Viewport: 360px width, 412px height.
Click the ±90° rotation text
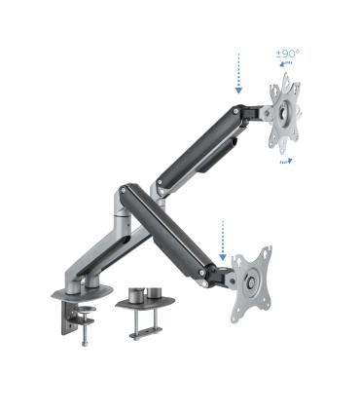coord(289,55)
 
